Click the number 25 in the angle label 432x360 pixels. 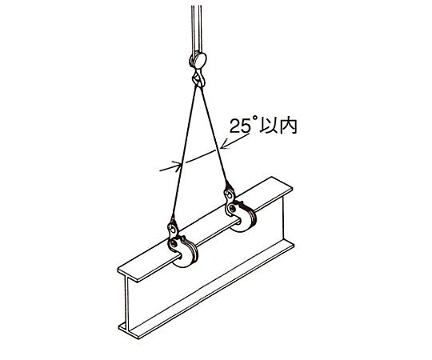[239, 126]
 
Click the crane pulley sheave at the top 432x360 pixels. [198, 60]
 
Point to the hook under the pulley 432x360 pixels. [198, 78]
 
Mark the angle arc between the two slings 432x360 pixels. [199, 157]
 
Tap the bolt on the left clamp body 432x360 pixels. [174, 243]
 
